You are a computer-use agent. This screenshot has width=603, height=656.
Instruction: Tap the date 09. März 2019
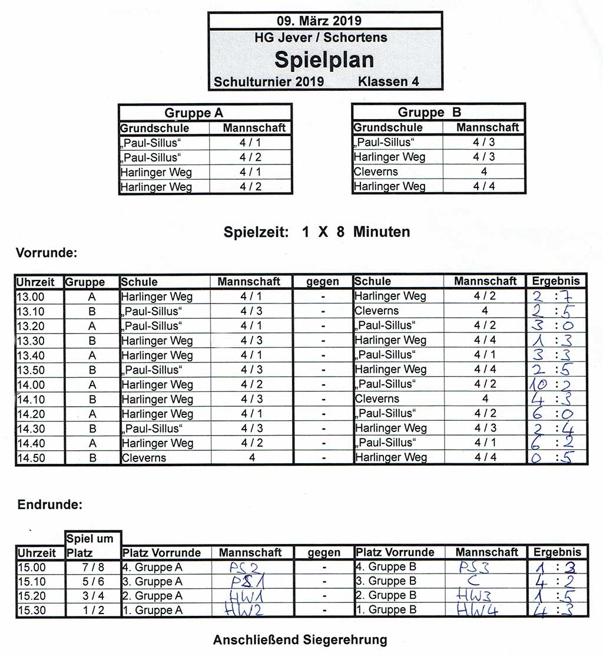pos(324,21)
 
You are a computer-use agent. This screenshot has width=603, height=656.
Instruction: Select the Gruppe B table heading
pos(430,112)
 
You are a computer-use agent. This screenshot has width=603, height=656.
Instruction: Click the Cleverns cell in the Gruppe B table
pos(376,172)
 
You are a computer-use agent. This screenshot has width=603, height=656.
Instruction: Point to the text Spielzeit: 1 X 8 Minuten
pos(317,232)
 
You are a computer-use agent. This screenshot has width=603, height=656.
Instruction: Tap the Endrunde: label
pos(49,505)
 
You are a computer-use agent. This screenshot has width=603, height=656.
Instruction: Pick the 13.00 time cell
pos(31,296)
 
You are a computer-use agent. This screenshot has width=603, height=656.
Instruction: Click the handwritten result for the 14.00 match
pos(556,384)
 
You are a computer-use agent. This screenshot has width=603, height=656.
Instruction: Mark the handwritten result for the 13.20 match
pos(556,325)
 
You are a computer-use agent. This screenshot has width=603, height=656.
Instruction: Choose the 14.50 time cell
pos(31,458)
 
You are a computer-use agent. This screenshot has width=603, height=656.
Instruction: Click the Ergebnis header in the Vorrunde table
pos(556,281)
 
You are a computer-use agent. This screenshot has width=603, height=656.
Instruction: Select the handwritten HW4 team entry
pos(478,611)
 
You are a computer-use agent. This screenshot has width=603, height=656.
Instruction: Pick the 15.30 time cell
pos(31,611)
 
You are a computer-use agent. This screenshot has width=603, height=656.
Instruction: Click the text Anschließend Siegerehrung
pos(300,639)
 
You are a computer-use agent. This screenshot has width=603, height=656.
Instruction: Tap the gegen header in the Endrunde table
pos(324,553)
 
